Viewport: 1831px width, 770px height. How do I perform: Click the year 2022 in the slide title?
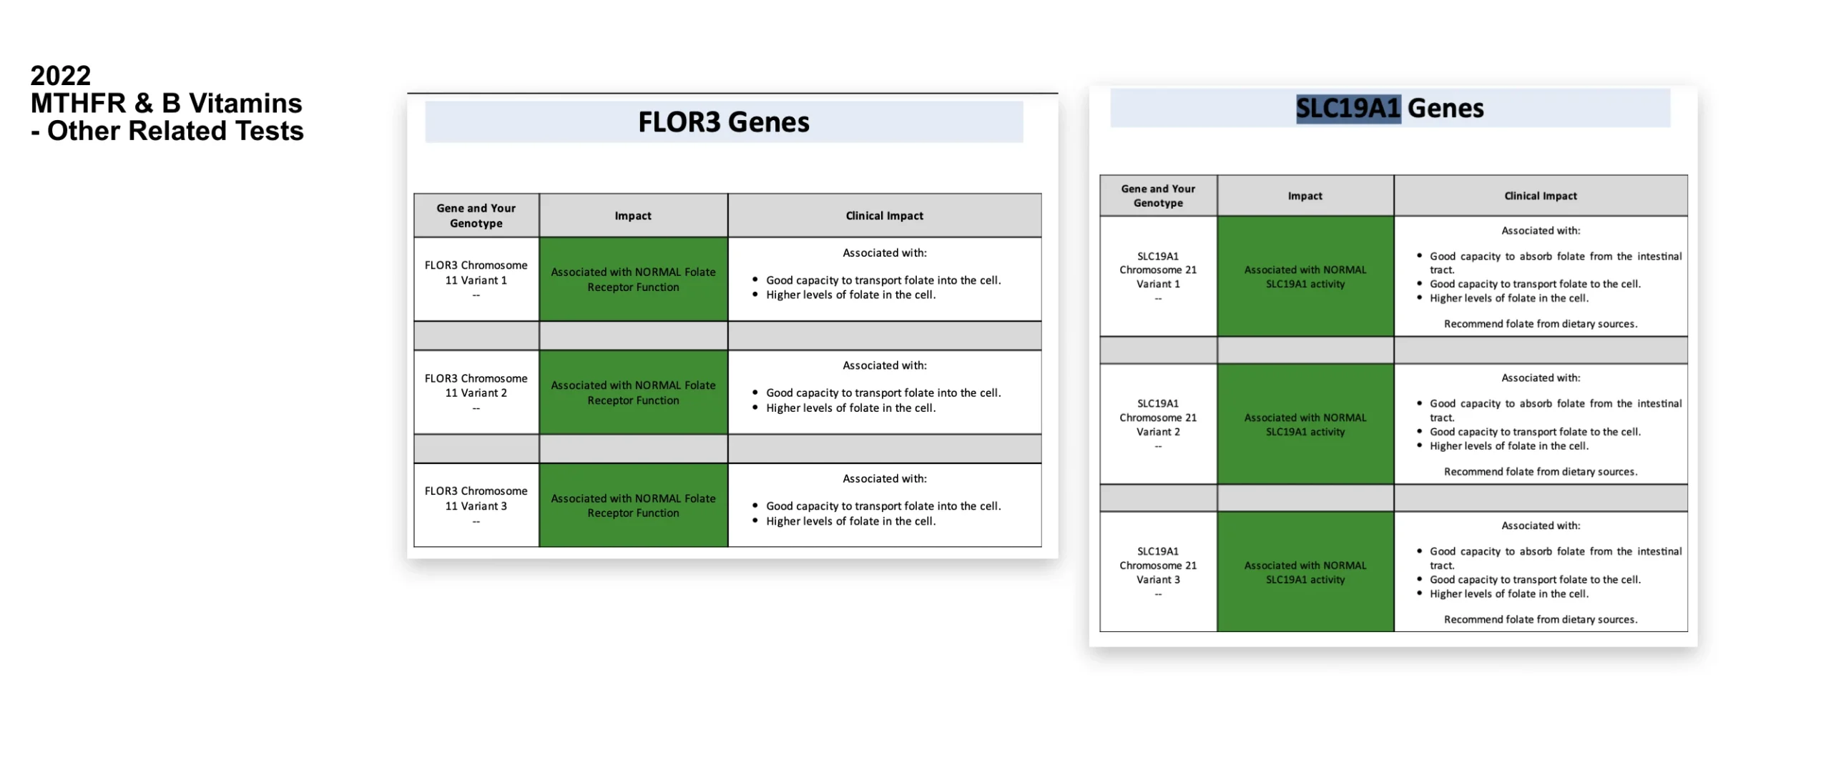pyautogui.click(x=60, y=76)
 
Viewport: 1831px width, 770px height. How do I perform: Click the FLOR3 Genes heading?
pyautogui.click(x=723, y=122)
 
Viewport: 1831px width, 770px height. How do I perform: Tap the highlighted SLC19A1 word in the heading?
pyautogui.click(x=1348, y=109)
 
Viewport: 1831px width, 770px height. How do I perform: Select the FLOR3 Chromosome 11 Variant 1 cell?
pyautogui.click(x=476, y=279)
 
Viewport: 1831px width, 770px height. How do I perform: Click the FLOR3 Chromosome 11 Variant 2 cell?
pyautogui.click(x=476, y=392)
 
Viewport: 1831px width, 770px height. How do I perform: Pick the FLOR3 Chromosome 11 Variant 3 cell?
pyautogui.click(x=476, y=505)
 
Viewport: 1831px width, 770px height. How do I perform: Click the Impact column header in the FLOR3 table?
pyautogui.click(x=632, y=216)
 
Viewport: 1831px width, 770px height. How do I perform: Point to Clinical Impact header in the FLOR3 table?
pyautogui.click(x=884, y=216)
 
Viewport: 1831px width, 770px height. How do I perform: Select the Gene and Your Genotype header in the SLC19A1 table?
pyautogui.click(x=1157, y=196)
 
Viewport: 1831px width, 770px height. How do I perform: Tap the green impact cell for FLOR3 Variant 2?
pyautogui.click(x=632, y=393)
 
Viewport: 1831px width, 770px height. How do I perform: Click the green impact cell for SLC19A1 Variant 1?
pyautogui.click(x=1305, y=277)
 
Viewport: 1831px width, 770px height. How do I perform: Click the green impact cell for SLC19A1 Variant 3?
pyautogui.click(x=1305, y=572)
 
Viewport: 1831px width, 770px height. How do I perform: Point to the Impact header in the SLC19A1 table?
pyautogui.click(x=1305, y=196)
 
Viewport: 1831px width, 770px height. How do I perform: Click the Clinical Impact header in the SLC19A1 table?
pyautogui.click(x=1540, y=196)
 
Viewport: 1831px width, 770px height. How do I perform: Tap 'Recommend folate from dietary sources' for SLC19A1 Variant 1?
pyautogui.click(x=1540, y=324)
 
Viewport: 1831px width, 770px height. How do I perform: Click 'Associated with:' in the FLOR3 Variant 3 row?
pyautogui.click(x=884, y=478)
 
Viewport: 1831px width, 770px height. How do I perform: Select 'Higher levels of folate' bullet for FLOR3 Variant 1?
pyautogui.click(x=850, y=295)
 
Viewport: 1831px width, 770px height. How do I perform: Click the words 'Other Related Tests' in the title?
pyautogui.click(x=175, y=132)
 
